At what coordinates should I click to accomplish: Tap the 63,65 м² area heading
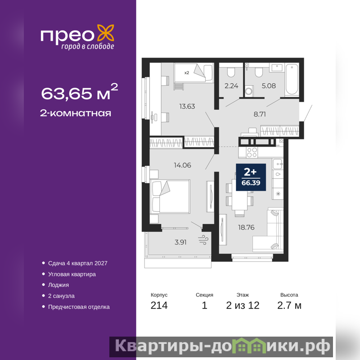pos(80,92)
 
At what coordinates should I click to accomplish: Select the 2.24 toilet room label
pos(231,86)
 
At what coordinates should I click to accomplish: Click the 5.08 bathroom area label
pos(269,86)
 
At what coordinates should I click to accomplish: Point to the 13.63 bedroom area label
pos(187,106)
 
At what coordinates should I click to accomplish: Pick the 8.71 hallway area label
pos(260,114)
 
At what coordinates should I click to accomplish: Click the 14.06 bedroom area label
pos(182,165)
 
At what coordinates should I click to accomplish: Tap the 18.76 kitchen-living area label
pos(246,227)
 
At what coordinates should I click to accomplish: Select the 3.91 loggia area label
pos(180,242)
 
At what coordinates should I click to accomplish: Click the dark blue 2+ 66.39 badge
pos(251,177)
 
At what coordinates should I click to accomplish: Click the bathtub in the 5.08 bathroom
pos(292,80)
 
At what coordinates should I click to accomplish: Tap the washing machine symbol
pos(249,91)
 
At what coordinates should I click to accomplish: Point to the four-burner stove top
pos(252,153)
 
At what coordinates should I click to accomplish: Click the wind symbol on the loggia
pos(203,240)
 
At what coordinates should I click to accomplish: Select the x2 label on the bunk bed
pos(187,73)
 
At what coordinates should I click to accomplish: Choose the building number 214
pos(159,306)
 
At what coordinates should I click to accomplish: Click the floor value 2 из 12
pos(243,306)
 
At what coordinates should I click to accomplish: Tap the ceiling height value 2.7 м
pos(289,306)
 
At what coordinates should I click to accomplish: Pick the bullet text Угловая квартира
pos(72,274)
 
